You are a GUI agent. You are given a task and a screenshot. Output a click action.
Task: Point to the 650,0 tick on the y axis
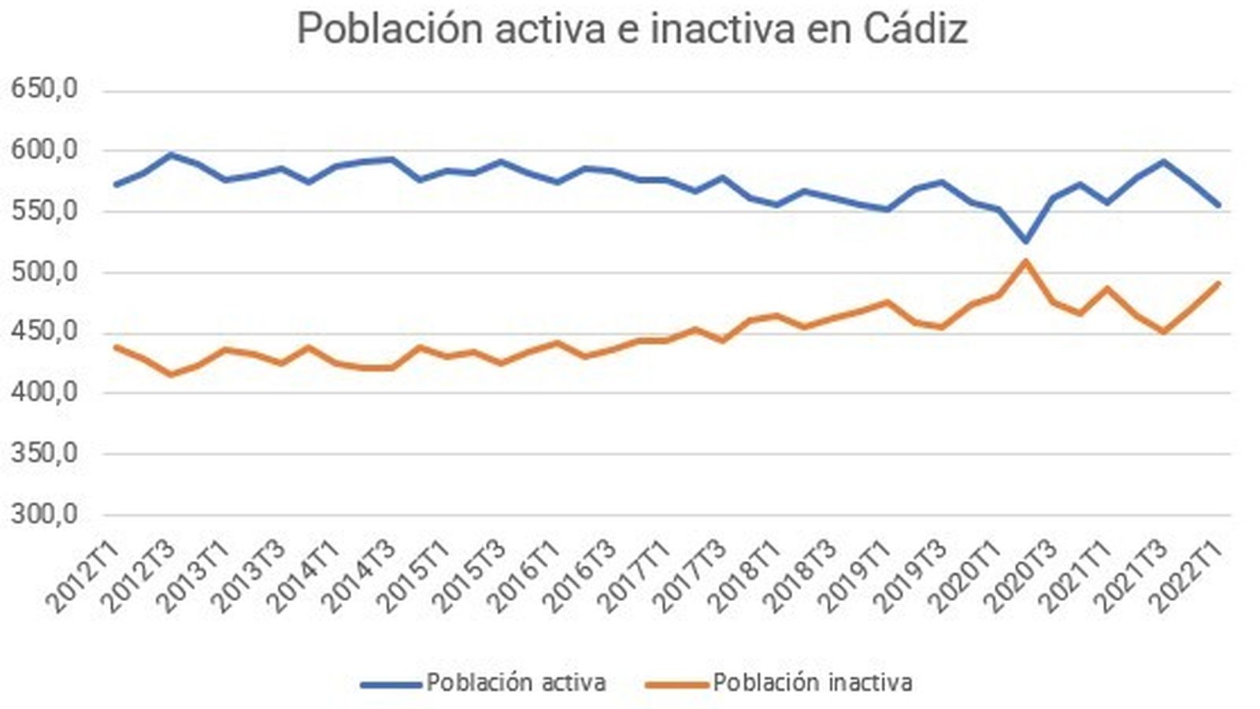pyautogui.click(x=44, y=89)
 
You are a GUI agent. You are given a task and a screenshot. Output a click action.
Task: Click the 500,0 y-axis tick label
pyautogui.click(x=44, y=273)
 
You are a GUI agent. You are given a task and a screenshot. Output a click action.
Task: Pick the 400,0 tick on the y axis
pyautogui.click(x=44, y=392)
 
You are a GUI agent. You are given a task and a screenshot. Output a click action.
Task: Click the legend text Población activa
pyautogui.click(x=516, y=682)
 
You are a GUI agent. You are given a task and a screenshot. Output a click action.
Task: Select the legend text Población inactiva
pyautogui.click(x=813, y=682)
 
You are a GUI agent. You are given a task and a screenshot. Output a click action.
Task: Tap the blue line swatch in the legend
pyautogui.click(x=391, y=685)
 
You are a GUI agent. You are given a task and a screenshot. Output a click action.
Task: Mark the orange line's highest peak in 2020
pyautogui.click(x=1025, y=261)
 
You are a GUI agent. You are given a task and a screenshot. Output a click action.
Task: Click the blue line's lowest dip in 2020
pyautogui.click(x=1025, y=240)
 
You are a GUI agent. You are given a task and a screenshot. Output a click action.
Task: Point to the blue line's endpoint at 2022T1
pyautogui.click(x=1218, y=205)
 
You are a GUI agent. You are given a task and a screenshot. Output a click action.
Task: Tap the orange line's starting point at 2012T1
pyautogui.click(x=116, y=347)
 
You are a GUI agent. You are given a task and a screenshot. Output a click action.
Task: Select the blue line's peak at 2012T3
pyautogui.click(x=171, y=154)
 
